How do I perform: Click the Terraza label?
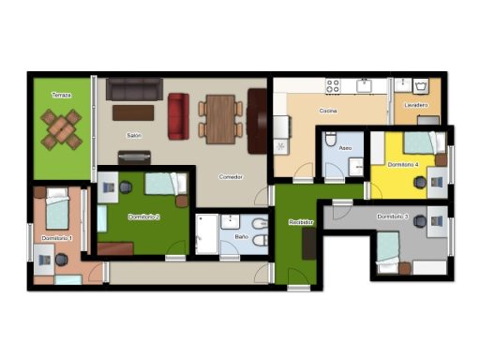click(62, 95)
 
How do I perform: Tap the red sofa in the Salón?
click(178, 116)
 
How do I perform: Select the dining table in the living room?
click(220, 119)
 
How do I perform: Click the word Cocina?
click(328, 111)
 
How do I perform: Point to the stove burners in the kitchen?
click(333, 86)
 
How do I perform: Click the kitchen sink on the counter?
click(364, 85)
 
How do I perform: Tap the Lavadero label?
click(416, 105)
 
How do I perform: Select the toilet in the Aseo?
click(330, 139)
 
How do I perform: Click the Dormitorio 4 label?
click(403, 164)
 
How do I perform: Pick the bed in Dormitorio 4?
click(425, 142)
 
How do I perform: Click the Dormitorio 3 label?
click(393, 217)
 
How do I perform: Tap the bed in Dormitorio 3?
click(388, 252)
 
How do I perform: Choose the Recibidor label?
click(301, 222)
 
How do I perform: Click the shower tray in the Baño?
click(206, 234)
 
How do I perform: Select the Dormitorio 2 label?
click(144, 217)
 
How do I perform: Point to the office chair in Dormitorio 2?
click(126, 187)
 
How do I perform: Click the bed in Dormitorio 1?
click(57, 208)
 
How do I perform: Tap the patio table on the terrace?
click(62, 129)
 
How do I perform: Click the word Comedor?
click(231, 177)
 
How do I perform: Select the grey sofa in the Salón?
click(134, 89)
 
